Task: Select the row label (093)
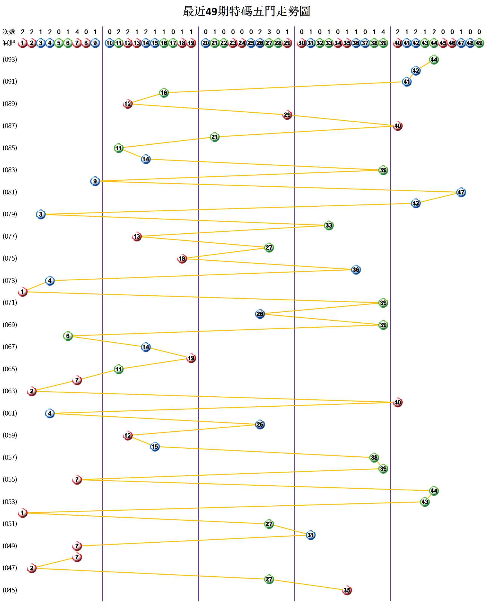(10, 59)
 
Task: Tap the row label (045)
(10, 590)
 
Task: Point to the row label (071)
(10, 302)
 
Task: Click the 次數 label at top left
(9, 31)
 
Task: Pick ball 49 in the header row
(479, 43)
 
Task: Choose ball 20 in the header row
(206, 43)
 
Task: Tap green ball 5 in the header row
(59, 43)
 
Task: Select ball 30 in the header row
(302, 43)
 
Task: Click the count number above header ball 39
(383, 32)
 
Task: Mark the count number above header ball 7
(77, 32)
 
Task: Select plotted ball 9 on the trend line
(95, 181)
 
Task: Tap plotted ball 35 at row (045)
(347, 590)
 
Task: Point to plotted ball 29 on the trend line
(287, 115)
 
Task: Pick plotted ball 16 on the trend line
(164, 93)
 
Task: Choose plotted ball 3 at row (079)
(41, 214)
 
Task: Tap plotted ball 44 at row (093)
(434, 60)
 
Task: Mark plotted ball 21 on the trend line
(215, 137)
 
